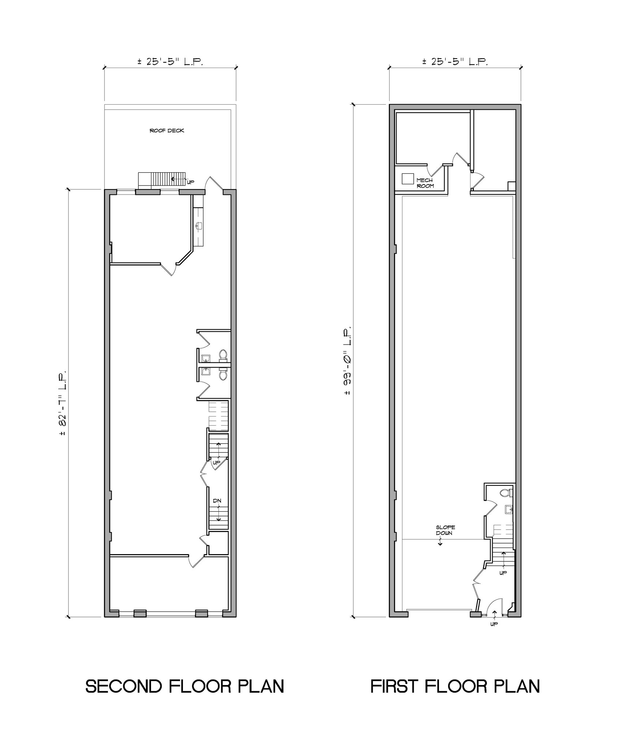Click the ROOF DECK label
(166, 131)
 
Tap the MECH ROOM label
(425, 183)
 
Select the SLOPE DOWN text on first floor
(445, 530)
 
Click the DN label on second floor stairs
(217, 501)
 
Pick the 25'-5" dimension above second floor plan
(170, 61)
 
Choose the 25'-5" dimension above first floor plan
(455, 61)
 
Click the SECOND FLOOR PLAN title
(185, 686)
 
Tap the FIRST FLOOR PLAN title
(455, 686)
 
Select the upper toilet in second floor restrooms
(223, 354)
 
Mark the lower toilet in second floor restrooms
(223, 375)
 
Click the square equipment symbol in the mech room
(407, 178)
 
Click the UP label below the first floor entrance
(494, 624)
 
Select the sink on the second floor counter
(199, 226)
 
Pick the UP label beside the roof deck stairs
(190, 182)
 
